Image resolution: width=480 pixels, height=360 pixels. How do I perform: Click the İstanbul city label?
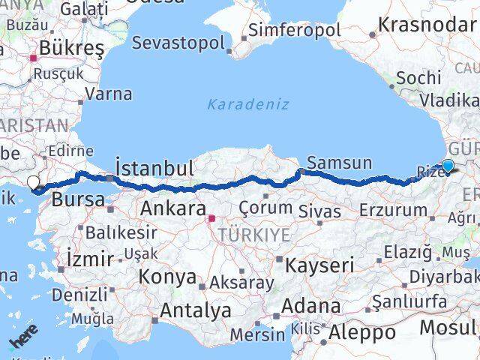154,166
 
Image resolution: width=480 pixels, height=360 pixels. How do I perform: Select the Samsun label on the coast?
340,163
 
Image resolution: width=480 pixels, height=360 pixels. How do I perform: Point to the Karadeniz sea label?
247,104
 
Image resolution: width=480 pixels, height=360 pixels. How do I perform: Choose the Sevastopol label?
178,42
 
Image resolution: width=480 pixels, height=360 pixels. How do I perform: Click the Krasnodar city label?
428,23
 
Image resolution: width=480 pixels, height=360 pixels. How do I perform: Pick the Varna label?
109,94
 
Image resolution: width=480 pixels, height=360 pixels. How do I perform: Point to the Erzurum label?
393,210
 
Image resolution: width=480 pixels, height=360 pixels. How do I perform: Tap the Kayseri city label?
316,264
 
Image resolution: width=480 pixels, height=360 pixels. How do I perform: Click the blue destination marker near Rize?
448,166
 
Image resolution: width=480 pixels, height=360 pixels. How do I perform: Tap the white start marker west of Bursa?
33,182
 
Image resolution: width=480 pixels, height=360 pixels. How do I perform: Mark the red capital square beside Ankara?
211,219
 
